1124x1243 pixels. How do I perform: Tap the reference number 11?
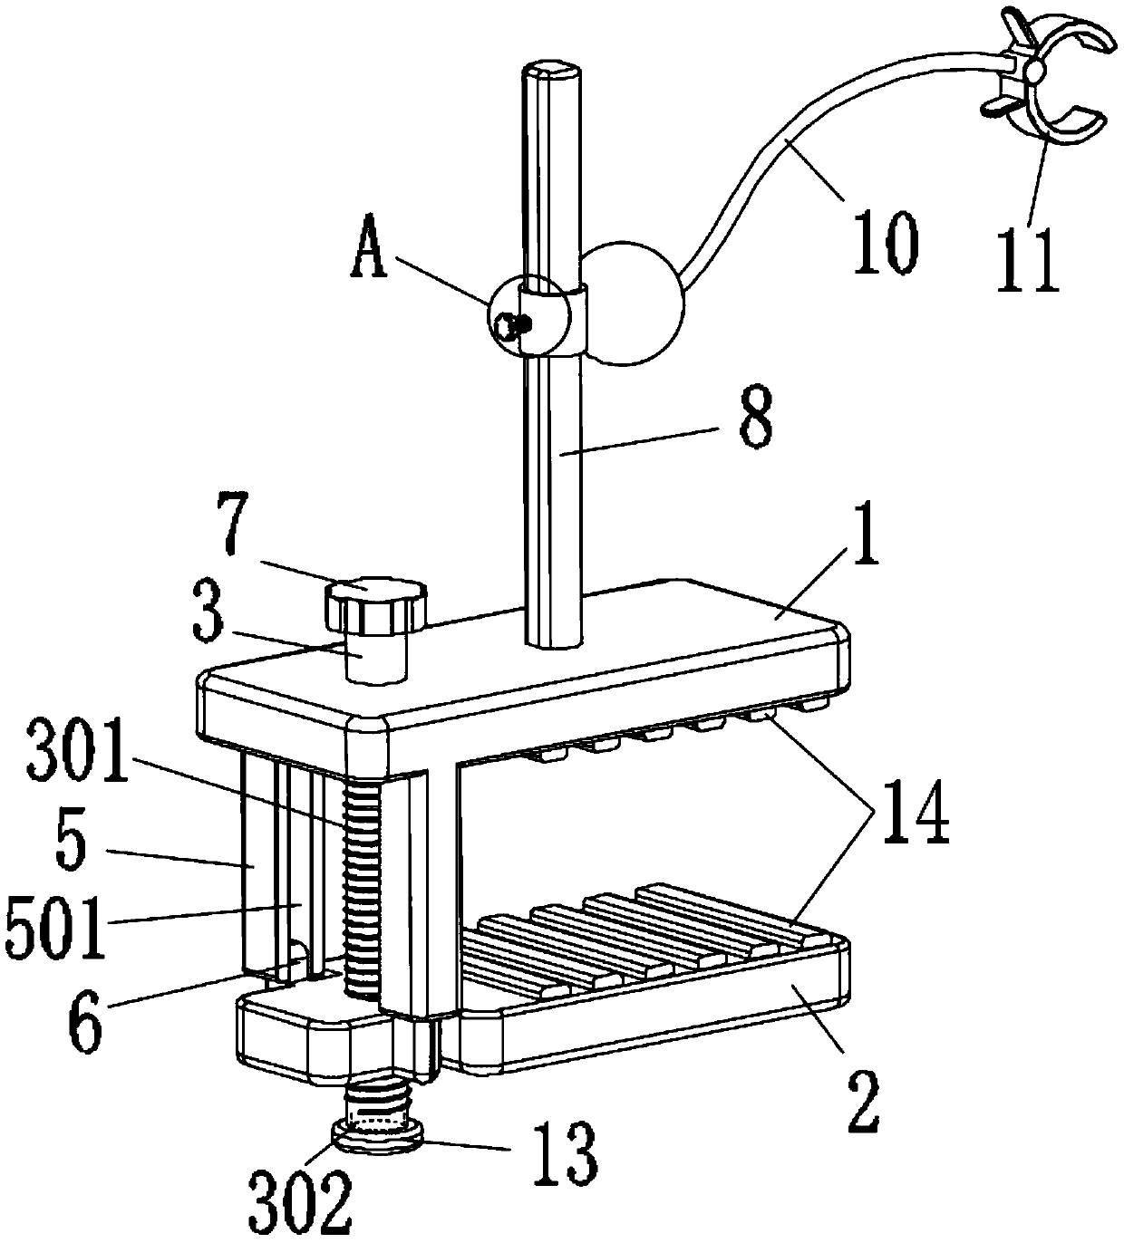[x=1028, y=260]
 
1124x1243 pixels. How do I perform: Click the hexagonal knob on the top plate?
[x=374, y=604]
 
